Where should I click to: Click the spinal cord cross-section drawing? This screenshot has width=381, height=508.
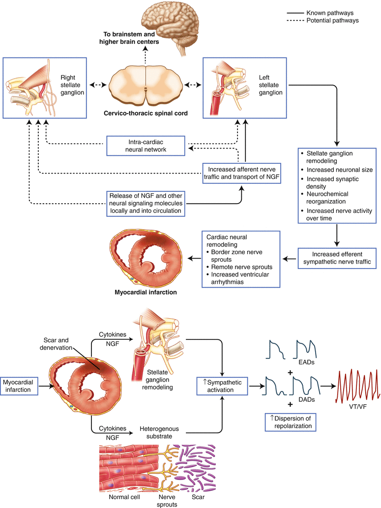pyautogui.click(x=146, y=86)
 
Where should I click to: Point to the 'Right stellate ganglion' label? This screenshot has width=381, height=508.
pyautogui.click(x=72, y=85)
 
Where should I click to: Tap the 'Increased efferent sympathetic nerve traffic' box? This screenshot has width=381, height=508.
pyautogui.click(x=337, y=257)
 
